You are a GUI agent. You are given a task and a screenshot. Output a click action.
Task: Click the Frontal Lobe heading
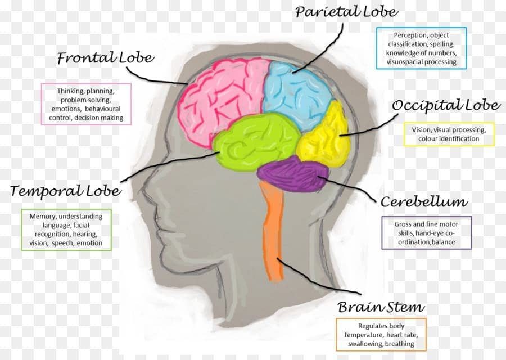105,58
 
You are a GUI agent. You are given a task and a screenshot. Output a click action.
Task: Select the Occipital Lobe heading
445,106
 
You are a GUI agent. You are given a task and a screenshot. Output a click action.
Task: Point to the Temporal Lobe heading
65,191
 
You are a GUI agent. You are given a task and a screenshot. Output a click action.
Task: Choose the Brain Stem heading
381,308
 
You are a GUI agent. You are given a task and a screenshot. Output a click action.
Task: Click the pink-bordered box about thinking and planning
86,104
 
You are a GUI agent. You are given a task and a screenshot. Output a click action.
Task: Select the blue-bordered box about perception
421,48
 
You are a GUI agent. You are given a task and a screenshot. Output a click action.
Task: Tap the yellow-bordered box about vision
449,134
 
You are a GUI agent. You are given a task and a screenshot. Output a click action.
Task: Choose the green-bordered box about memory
66,229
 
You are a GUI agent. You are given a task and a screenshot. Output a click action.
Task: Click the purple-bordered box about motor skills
426,233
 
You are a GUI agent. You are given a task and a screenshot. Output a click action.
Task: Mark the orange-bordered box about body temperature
381,335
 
